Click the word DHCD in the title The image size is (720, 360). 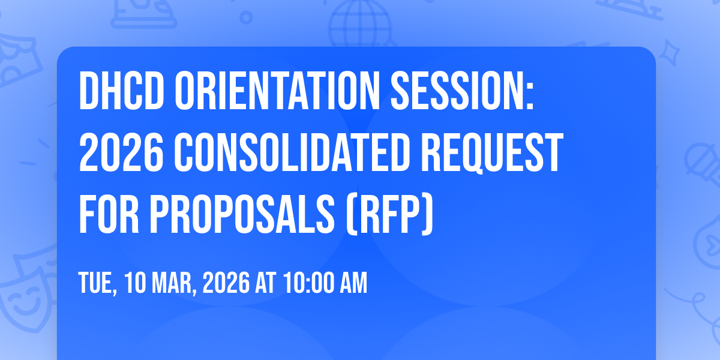pos(121,91)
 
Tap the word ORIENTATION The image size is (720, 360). pos(277,91)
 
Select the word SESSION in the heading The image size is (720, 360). pos(462,91)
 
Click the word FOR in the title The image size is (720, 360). pos(109,214)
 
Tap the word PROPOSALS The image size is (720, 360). pos(242,214)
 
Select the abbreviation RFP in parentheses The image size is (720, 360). pos(389,215)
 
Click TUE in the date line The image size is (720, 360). pos(97,283)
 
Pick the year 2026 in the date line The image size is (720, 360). pos(226,283)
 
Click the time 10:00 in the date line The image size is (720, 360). pos(308,283)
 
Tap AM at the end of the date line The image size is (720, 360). pos(353,283)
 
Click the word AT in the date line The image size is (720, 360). pos(265,283)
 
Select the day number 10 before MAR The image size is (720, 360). pos(135,283)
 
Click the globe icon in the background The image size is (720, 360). pos(360,24)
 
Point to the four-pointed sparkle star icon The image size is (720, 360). pos(670,53)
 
